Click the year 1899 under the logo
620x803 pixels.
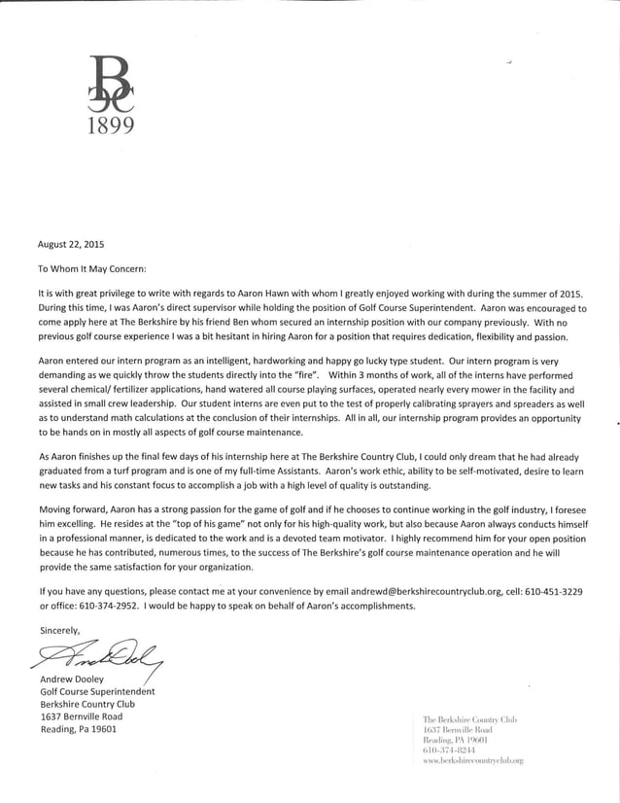point(108,125)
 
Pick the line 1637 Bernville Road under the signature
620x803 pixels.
point(81,716)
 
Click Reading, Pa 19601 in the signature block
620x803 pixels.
point(78,729)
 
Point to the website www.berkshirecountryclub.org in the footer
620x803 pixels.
point(473,760)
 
